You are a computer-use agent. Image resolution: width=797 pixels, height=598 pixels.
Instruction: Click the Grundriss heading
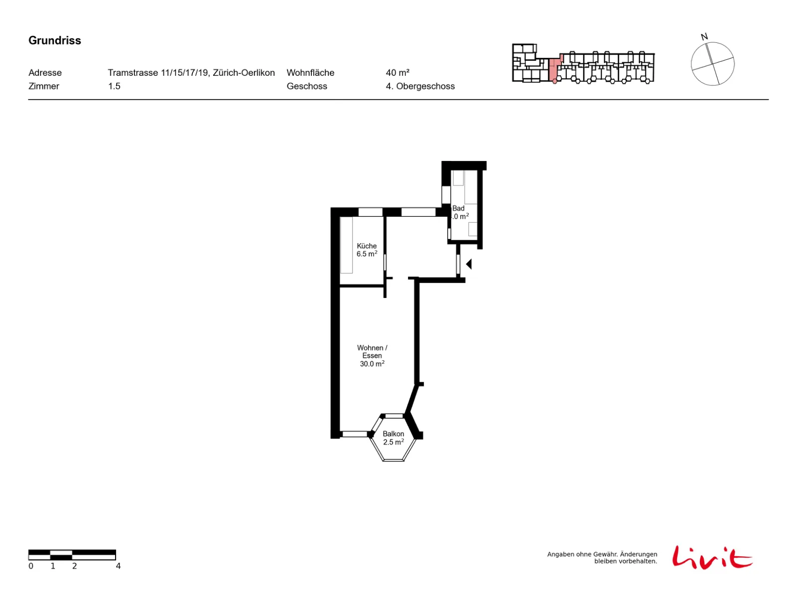pos(54,40)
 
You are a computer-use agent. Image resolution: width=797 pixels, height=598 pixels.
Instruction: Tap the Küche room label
pos(366,246)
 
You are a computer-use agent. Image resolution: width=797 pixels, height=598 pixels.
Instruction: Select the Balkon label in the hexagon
pos(393,434)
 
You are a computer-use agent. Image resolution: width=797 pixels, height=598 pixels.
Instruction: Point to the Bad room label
pos(458,208)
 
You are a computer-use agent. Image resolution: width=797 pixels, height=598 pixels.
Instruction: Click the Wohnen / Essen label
pos(372,351)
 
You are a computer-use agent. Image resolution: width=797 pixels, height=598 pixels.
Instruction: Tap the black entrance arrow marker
pos(469,264)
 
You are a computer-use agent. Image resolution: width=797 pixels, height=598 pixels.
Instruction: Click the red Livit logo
pos(712,557)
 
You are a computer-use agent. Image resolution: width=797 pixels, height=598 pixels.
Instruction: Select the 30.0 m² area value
pos(372,363)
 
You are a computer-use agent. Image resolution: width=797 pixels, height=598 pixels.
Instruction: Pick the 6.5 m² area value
pos(367,254)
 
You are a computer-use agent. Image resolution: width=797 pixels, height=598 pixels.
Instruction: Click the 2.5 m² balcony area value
pos(393,442)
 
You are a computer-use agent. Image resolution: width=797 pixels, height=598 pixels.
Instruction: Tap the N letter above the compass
pos(704,37)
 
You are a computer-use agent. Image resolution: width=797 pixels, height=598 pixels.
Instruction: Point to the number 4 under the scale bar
pos(118,566)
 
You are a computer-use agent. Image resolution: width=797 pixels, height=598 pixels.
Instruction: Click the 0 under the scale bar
pos(31,566)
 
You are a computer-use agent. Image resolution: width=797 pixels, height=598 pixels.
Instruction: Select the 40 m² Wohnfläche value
pos(398,73)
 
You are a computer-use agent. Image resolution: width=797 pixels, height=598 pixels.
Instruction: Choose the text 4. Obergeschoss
pos(420,86)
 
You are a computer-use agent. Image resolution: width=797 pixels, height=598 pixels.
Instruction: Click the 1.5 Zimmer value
pos(114,86)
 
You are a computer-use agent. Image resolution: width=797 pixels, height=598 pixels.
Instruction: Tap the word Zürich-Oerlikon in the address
pos(244,73)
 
